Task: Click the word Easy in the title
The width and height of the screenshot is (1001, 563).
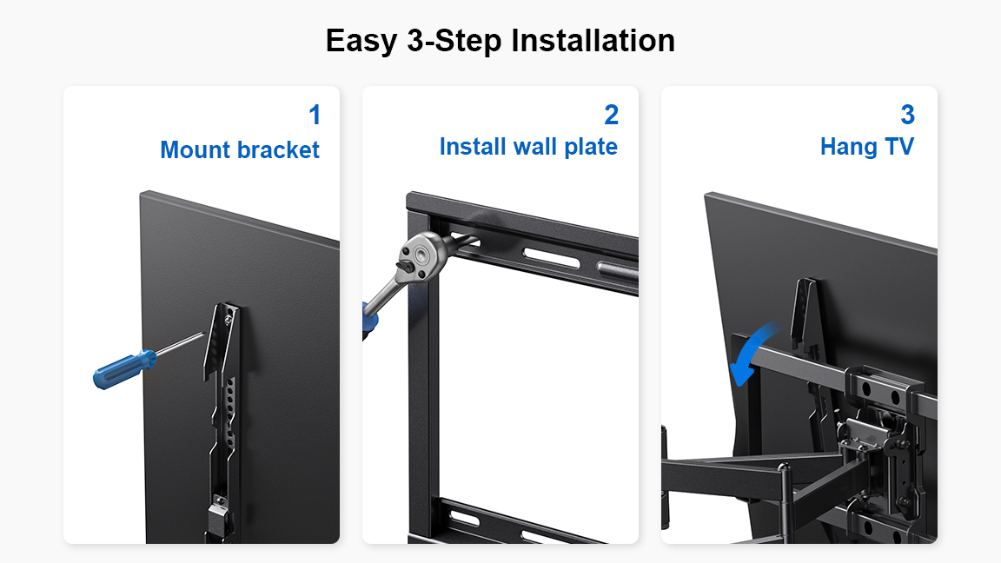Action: click(x=361, y=42)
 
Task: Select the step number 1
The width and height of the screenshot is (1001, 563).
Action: click(x=315, y=115)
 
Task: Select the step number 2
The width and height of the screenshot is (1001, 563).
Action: click(x=612, y=115)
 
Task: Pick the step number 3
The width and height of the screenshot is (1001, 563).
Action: click(x=907, y=115)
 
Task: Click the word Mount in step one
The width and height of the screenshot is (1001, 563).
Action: click(x=195, y=150)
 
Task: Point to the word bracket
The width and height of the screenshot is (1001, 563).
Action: click(x=277, y=150)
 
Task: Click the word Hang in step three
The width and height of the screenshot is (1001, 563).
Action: click(x=849, y=148)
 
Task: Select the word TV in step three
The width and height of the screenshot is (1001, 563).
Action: click(x=899, y=147)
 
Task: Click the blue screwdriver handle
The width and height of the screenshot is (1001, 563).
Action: click(x=124, y=369)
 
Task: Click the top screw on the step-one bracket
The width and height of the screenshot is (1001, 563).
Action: click(x=226, y=315)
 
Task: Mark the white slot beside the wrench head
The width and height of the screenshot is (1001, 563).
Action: click(x=551, y=258)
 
